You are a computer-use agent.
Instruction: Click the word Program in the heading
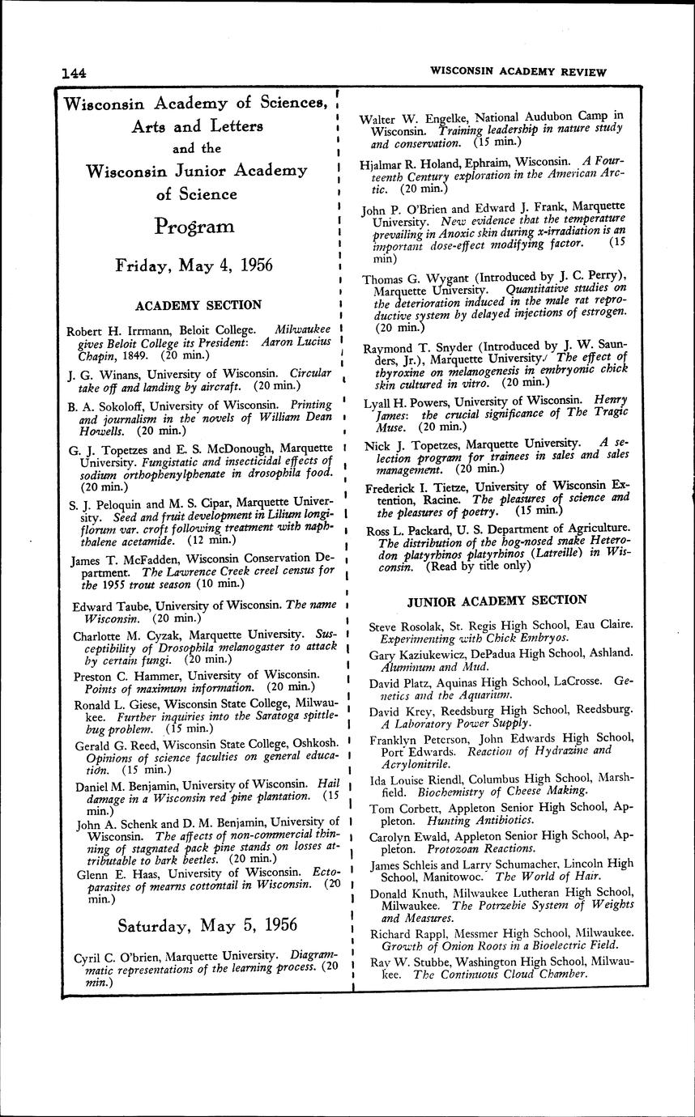[x=194, y=227]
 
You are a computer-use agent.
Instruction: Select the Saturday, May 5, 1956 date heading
[x=207, y=924]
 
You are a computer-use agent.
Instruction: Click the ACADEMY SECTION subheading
[x=198, y=305]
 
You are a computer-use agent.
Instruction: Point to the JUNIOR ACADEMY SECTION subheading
[x=497, y=600]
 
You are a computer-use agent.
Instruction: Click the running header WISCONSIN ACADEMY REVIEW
[x=518, y=71]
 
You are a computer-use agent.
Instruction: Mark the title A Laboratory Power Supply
[x=456, y=723]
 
